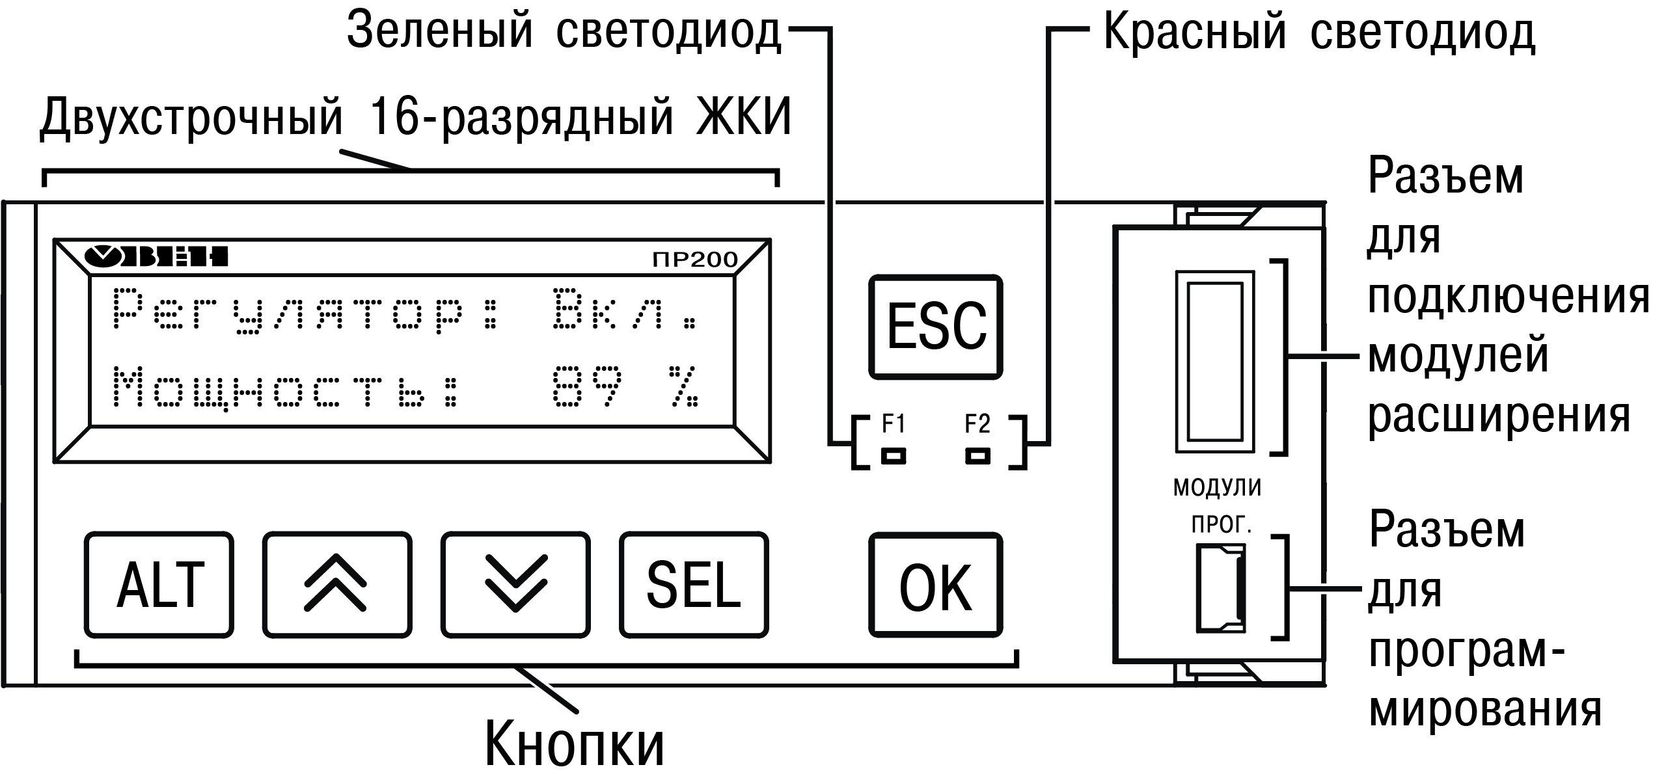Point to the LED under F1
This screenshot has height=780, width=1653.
(893, 456)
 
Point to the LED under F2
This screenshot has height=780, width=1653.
(977, 456)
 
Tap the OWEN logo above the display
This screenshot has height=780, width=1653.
(156, 256)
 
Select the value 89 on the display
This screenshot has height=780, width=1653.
(588, 387)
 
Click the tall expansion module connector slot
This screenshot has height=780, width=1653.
(1214, 361)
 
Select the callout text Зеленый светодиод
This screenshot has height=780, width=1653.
(564, 31)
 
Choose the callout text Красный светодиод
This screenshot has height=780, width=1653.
(1320, 31)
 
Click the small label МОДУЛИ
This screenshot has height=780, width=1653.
(1217, 488)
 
